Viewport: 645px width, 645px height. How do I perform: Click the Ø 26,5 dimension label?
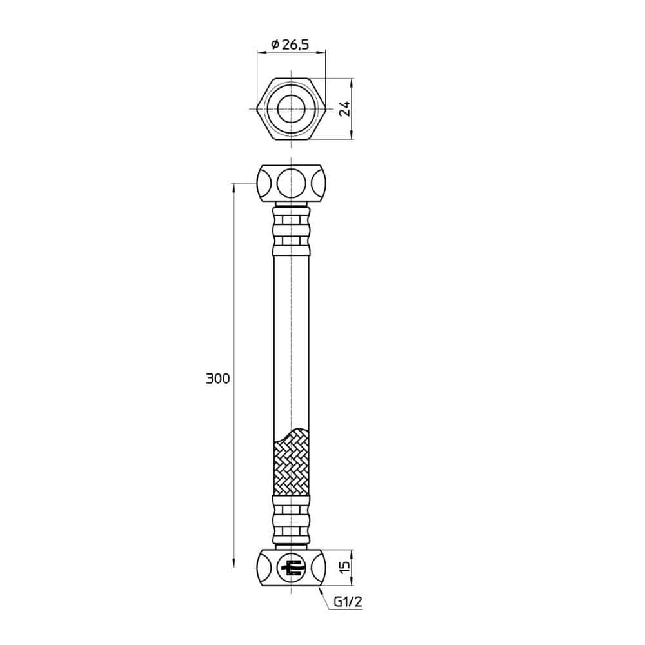pos(290,44)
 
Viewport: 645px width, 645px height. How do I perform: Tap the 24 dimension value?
pos(346,108)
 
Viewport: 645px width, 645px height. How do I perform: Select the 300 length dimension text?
pos(218,379)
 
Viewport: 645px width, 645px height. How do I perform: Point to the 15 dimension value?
pos(345,567)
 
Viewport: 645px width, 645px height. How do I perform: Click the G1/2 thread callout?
pos(348,602)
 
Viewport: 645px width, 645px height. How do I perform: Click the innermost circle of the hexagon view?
pos(292,109)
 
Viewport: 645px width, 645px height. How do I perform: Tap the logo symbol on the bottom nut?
pos(292,568)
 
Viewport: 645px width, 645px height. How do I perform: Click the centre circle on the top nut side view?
pos(292,183)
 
